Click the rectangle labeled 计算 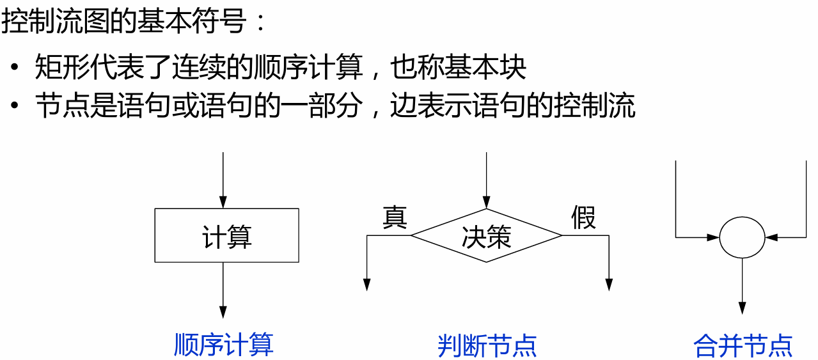(226, 235)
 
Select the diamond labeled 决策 (486, 236)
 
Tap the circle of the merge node (742, 237)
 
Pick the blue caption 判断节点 (487, 346)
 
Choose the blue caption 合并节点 (743, 346)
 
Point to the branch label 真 (395, 218)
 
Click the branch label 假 (583, 218)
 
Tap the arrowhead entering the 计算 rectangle (223, 202)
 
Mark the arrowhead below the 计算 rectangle (223, 311)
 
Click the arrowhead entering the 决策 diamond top (486, 202)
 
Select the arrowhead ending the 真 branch (367, 285)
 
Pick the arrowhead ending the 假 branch (609, 285)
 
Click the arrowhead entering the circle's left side (714, 237)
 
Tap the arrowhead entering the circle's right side (771, 237)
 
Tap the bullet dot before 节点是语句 (15, 106)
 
